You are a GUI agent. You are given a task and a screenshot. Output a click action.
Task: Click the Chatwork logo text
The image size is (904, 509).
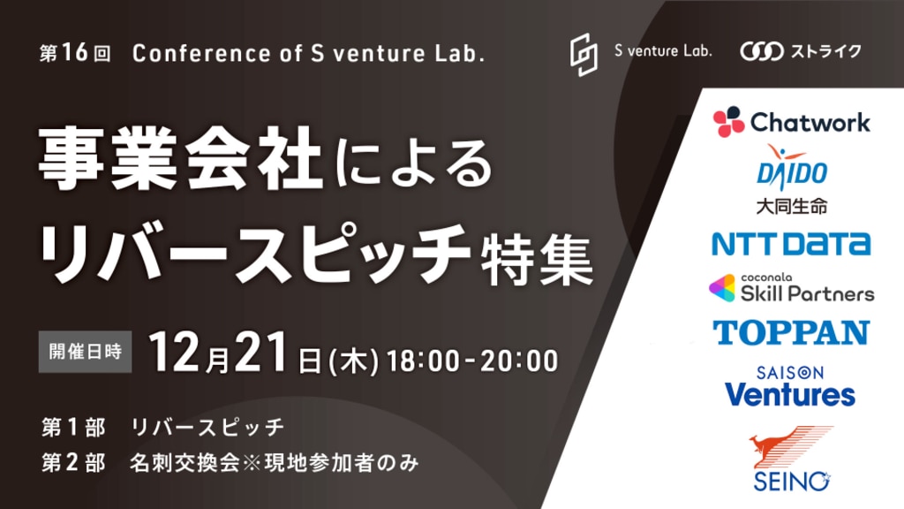(x=810, y=122)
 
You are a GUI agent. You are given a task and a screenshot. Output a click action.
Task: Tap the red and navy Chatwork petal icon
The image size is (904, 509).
(x=728, y=121)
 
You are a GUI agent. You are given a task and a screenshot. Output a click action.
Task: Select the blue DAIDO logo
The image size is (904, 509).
(x=792, y=167)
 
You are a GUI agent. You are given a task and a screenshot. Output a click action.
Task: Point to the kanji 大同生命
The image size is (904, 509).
(x=792, y=206)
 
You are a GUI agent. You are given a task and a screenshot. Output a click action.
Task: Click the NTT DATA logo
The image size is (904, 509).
(x=791, y=244)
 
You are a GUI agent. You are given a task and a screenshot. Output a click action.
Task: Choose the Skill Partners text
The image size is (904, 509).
(x=807, y=293)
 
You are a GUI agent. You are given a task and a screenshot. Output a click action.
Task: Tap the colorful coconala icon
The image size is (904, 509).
(x=722, y=288)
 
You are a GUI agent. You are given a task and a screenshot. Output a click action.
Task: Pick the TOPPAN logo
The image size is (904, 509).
(x=791, y=332)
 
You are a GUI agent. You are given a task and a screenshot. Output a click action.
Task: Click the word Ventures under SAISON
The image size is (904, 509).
(x=790, y=395)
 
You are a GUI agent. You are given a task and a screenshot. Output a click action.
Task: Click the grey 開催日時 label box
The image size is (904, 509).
(x=86, y=352)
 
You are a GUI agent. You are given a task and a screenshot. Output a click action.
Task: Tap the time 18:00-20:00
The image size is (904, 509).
(x=472, y=361)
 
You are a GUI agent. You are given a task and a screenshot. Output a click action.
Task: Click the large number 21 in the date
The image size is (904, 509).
(x=260, y=353)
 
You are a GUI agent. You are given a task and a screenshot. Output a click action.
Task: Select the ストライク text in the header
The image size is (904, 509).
(x=825, y=51)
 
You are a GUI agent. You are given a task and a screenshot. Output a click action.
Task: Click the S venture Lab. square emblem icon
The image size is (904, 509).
(x=584, y=54)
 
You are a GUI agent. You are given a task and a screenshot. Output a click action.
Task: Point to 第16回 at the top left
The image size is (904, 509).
(x=75, y=53)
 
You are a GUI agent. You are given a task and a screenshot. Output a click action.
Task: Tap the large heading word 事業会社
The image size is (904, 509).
(x=180, y=159)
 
